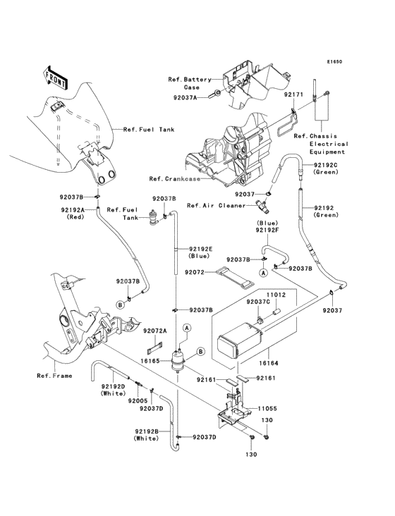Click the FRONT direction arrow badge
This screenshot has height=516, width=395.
56,77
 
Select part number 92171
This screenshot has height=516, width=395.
293,93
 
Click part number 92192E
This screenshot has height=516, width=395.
200,252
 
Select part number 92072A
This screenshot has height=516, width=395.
154,331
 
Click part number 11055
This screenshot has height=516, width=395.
266,408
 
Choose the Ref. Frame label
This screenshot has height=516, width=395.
54,376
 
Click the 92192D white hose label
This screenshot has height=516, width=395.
112,390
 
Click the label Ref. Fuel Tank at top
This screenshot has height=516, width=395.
148,130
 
